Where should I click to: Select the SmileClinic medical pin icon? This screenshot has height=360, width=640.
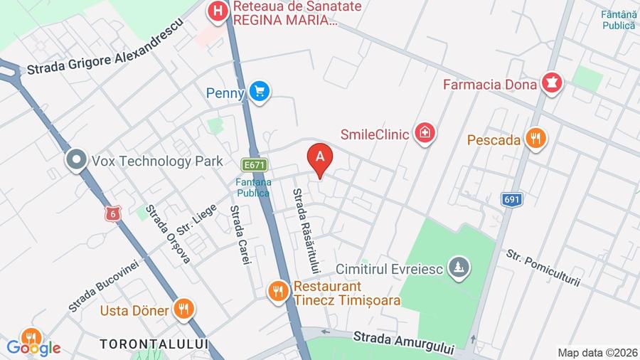[425, 132]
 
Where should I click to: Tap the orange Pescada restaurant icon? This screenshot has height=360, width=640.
[535, 139]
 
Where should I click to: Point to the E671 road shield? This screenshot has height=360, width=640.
[253, 164]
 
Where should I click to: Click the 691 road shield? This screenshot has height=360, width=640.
[511, 199]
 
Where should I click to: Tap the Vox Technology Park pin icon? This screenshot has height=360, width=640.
[75, 161]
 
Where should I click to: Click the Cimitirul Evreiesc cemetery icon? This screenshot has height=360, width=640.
[460, 268]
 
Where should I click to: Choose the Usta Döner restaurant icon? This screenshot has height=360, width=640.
[183, 309]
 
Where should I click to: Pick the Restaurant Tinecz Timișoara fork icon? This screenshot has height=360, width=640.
[278, 290]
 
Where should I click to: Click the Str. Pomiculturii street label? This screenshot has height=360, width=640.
[543, 268]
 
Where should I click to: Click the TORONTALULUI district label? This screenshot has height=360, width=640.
[154, 344]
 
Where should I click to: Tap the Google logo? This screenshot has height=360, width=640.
[33, 348]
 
